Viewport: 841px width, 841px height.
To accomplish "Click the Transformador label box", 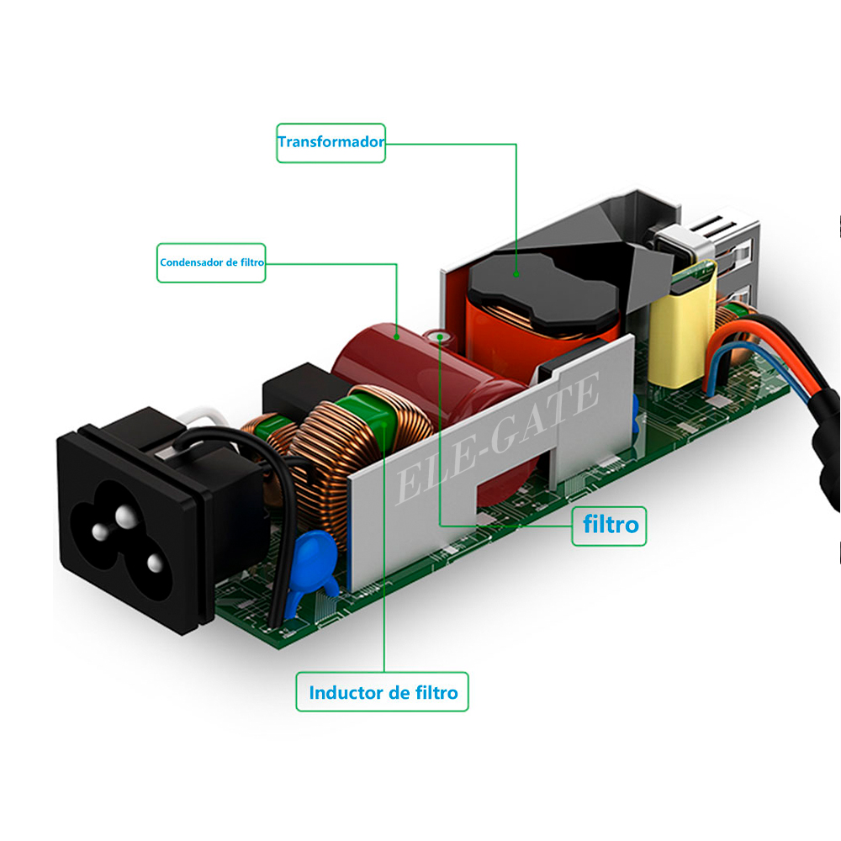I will click(331, 142).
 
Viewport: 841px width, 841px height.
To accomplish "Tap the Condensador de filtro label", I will click(211, 262).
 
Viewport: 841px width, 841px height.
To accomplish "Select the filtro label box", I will click(611, 526).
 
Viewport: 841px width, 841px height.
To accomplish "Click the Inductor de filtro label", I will click(383, 692).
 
